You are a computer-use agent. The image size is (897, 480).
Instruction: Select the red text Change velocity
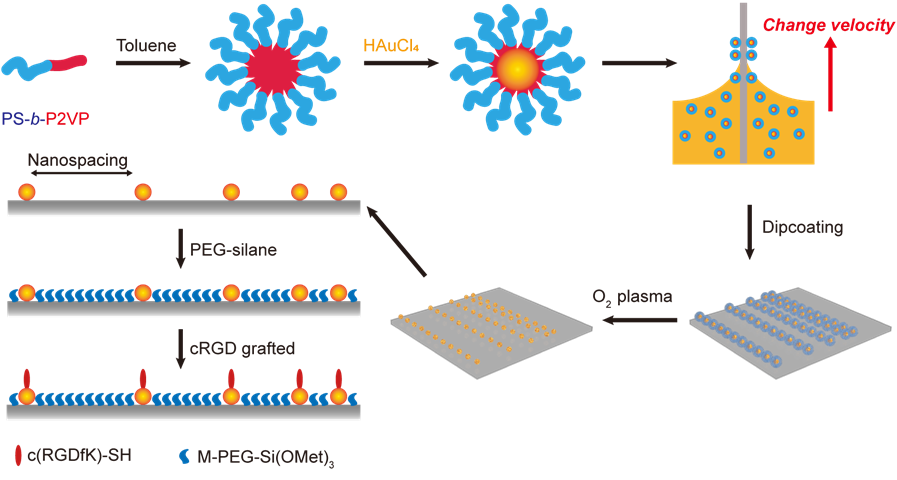829,25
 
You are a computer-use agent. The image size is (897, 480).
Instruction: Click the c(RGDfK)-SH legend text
80,456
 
